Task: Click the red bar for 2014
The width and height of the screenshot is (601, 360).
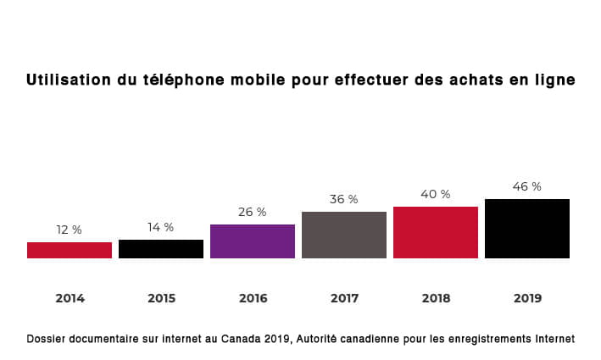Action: tap(70, 250)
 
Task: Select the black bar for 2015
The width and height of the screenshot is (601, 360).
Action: tap(161, 249)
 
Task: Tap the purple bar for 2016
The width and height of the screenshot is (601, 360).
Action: tap(253, 241)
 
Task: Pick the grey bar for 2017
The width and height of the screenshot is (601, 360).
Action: tap(344, 235)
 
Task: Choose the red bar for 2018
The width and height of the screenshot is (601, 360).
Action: tap(436, 232)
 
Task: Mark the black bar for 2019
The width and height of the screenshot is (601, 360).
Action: tap(527, 229)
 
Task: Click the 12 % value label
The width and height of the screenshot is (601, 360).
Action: tap(70, 230)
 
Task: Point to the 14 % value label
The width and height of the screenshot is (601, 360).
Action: tap(161, 227)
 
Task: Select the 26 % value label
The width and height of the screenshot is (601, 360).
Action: tap(253, 212)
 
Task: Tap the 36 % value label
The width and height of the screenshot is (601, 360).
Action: tap(344, 199)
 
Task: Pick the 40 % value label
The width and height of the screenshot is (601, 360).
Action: tap(436, 194)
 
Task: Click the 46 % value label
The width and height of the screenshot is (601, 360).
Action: tap(527, 186)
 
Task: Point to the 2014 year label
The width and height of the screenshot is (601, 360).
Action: tap(70, 298)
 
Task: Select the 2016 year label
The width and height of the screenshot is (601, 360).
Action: tap(253, 298)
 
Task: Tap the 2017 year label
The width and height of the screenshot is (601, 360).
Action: tap(344, 298)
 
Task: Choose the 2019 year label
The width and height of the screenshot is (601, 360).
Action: tap(527, 298)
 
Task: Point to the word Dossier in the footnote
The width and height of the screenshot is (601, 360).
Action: tap(47, 339)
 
